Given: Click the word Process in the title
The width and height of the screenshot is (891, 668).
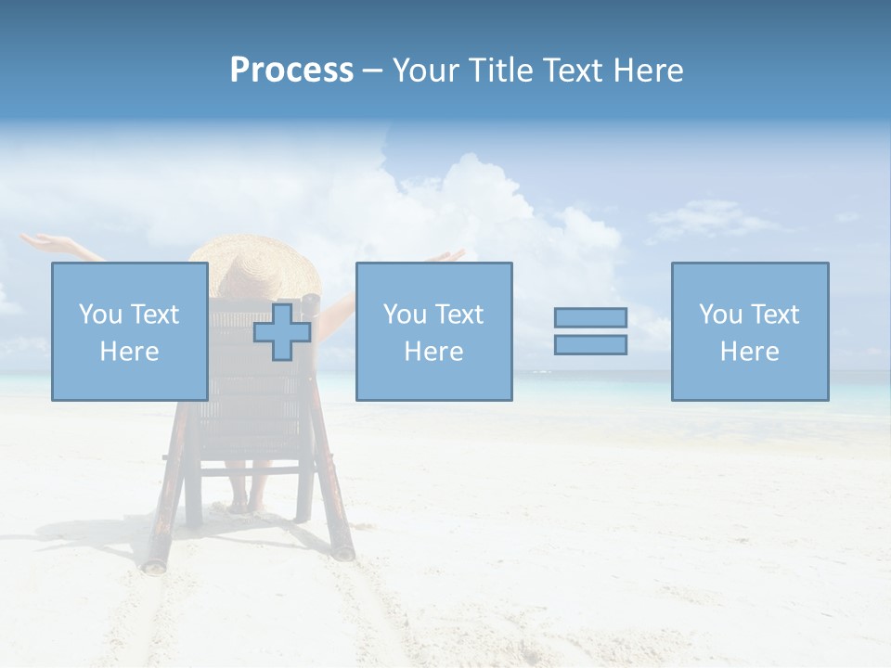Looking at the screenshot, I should (x=291, y=71).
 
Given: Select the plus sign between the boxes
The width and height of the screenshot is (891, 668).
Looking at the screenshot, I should (x=282, y=332).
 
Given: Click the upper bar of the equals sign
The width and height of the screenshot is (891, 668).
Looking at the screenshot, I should (x=590, y=317).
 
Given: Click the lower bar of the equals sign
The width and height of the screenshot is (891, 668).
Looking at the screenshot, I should (x=590, y=344).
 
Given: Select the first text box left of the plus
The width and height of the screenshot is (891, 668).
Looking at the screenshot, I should (x=129, y=331).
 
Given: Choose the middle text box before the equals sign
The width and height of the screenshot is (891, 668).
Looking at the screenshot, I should (x=433, y=331).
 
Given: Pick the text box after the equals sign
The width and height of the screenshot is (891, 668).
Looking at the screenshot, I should (x=749, y=331).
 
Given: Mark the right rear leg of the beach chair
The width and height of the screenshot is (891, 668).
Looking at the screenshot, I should (x=334, y=501).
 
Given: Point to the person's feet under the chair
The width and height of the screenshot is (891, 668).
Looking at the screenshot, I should (x=247, y=506).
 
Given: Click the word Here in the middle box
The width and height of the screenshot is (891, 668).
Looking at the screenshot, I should (x=433, y=352).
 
